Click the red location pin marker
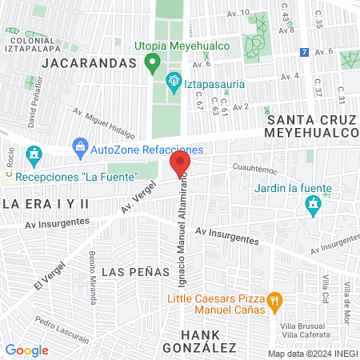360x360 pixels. (179, 166)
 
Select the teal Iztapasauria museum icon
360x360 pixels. (173, 81)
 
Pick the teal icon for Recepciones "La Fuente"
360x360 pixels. (34, 154)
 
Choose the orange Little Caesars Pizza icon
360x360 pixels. (274, 302)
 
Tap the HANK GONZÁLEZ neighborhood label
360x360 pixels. (199, 341)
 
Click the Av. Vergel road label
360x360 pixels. (138, 197)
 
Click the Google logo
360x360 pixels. (26, 350)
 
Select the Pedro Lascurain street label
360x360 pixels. (62, 333)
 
